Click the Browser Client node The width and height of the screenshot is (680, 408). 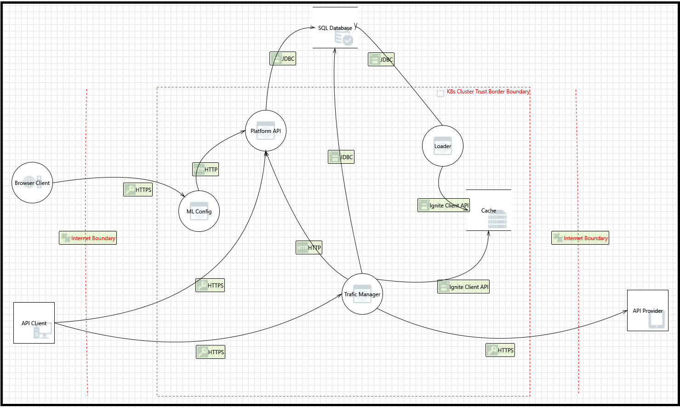(x=32, y=183)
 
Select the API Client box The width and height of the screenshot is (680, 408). (x=34, y=323)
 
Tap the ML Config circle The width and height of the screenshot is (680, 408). (x=199, y=212)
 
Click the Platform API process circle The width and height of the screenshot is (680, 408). (x=266, y=131)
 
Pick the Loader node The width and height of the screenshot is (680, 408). (x=443, y=146)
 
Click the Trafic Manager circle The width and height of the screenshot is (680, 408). (x=362, y=294)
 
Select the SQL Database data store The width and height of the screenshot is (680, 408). (x=335, y=28)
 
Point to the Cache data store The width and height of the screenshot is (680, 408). (x=489, y=211)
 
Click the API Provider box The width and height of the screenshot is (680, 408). (x=647, y=310)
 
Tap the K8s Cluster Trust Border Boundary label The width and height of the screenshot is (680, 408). (x=488, y=92)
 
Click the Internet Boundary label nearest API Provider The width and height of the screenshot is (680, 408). (x=580, y=238)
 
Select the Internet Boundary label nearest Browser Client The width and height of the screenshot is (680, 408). (x=88, y=238)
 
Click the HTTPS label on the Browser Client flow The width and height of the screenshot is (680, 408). (x=138, y=190)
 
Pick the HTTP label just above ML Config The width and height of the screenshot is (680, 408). (x=206, y=169)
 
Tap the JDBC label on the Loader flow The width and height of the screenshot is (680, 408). (x=381, y=59)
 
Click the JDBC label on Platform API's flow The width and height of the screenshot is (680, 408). (x=283, y=58)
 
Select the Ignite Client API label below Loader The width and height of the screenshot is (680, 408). (x=444, y=205)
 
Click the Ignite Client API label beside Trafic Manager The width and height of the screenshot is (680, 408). (x=463, y=287)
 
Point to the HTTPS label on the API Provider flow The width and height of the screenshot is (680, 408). (x=500, y=350)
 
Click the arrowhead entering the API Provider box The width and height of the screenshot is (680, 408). (x=625, y=311)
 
